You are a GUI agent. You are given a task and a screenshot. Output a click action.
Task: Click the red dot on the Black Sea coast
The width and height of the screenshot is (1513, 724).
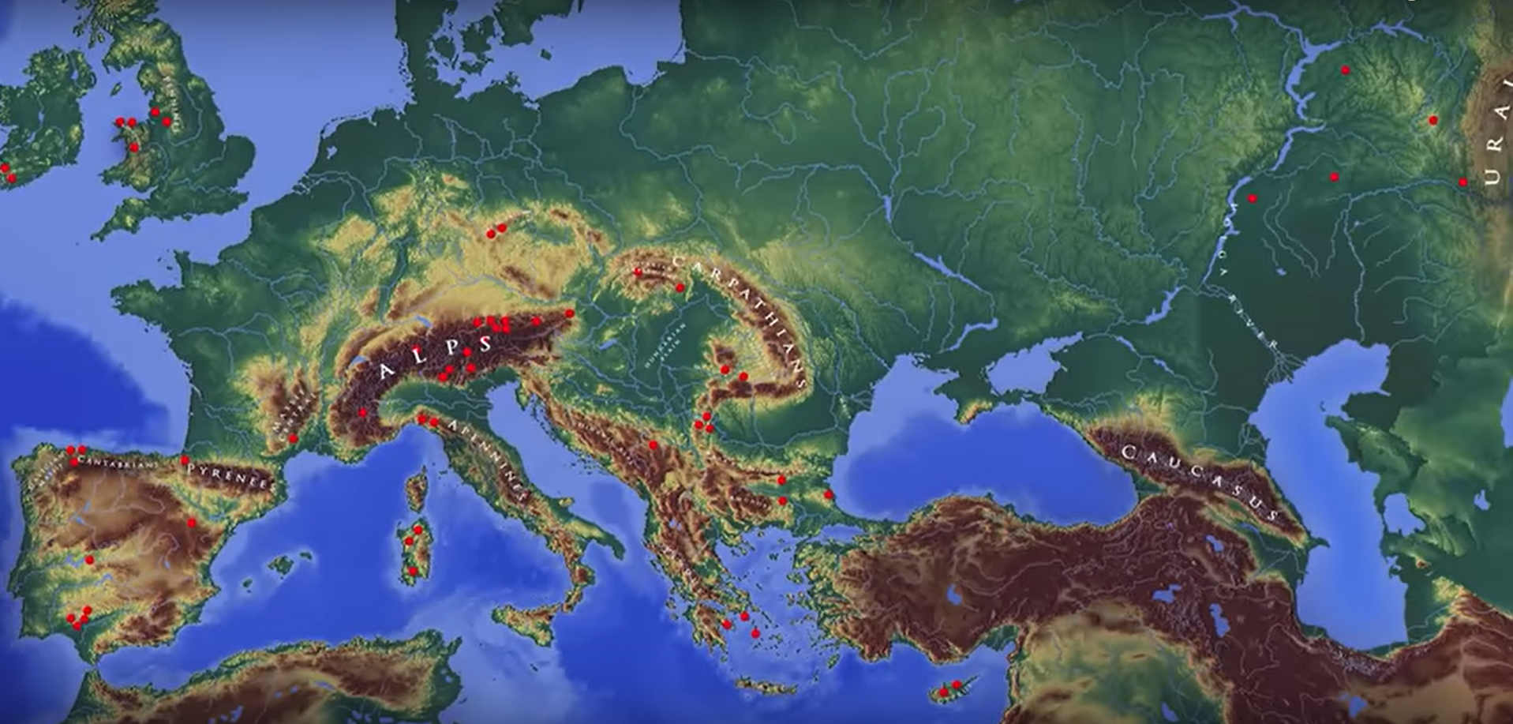point(829,495)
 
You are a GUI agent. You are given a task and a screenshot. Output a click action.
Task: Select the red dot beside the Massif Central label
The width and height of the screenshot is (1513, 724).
point(293,438)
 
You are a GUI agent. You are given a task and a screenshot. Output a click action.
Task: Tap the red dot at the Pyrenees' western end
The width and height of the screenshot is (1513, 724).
point(185,460)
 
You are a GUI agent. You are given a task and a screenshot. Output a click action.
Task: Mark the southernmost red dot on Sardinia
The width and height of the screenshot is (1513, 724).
point(413,571)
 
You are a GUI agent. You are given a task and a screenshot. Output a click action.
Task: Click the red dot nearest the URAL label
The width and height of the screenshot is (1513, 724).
point(1462,182)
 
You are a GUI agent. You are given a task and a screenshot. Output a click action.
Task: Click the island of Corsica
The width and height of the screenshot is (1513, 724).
point(416,490)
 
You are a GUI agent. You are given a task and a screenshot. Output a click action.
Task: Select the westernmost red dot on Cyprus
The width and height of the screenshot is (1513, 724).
point(943,693)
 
